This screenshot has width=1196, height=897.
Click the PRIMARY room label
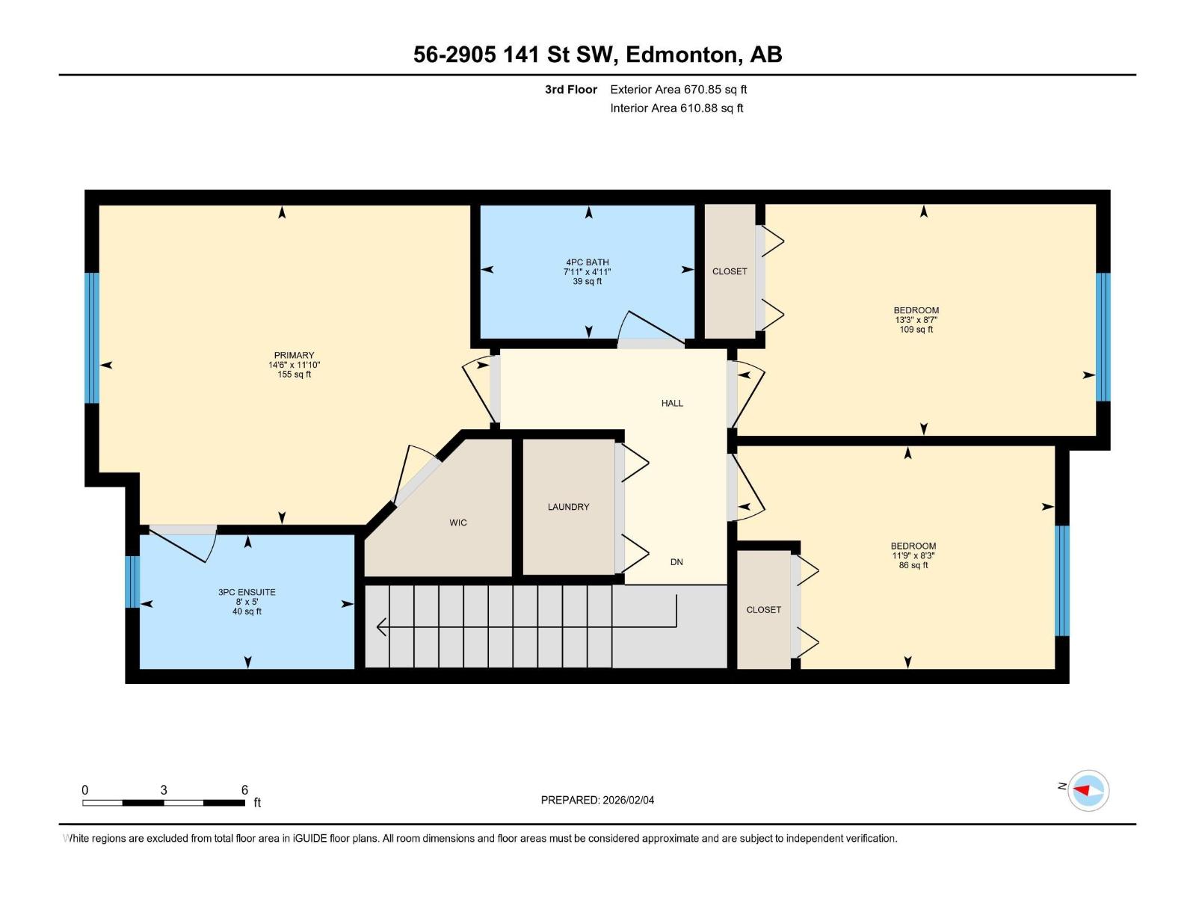tap(295, 355)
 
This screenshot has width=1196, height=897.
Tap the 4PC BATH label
tap(588, 262)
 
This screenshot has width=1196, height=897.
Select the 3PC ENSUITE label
tap(247, 592)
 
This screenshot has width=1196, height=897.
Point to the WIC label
tap(458, 523)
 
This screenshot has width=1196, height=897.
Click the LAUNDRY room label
tap(568, 507)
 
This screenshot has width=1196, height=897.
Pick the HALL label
tap(672, 404)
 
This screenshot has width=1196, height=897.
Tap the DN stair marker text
tap(676, 562)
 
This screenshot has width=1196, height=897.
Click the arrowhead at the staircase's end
tap(381, 627)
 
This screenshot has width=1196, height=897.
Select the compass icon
tap(1088, 790)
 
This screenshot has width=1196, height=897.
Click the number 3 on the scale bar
tap(164, 789)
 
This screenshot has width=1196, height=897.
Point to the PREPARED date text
tap(597, 800)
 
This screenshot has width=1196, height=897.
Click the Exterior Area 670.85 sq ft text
tap(679, 89)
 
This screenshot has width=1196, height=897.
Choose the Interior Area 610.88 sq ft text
tap(676, 108)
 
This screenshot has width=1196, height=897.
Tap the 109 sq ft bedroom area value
tap(916, 330)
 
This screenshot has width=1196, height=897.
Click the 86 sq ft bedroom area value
tap(913, 565)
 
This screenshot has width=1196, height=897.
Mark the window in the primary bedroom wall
tap(92, 338)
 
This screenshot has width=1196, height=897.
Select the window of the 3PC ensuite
tap(132, 582)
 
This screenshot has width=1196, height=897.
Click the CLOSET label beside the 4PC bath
tap(730, 271)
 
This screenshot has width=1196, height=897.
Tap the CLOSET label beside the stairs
tap(763, 610)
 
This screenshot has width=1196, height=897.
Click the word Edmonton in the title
tap(681, 55)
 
